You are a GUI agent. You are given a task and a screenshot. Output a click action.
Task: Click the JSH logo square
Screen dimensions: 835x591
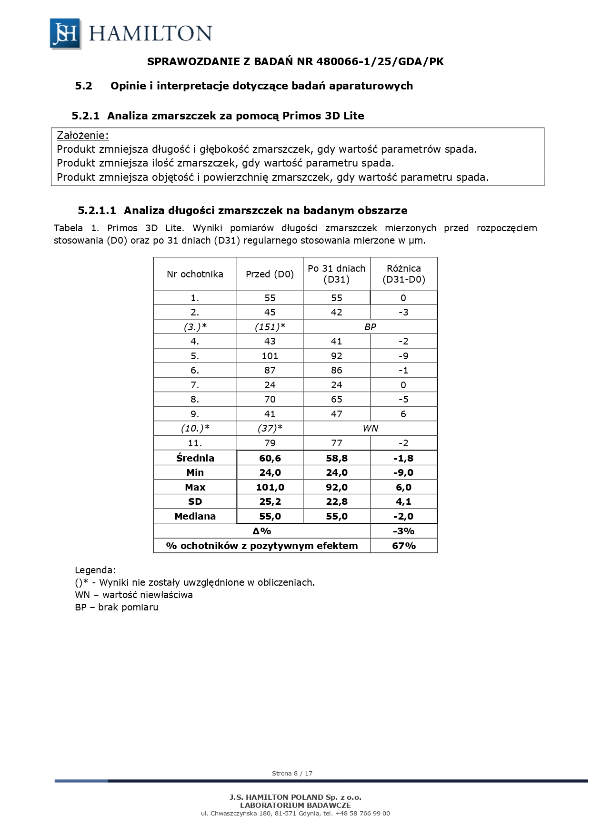(x=65, y=34)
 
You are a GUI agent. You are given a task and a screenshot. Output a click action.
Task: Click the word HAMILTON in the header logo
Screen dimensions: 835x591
(x=150, y=34)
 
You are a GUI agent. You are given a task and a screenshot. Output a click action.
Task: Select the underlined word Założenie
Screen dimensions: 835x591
(x=82, y=135)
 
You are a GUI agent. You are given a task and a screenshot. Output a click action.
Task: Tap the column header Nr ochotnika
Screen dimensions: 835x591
(x=195, y=274)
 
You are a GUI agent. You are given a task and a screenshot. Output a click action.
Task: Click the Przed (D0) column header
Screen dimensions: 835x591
(x=270, y=274)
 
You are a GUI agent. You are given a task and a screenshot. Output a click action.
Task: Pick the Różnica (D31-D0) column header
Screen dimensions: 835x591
(x=403, y=274)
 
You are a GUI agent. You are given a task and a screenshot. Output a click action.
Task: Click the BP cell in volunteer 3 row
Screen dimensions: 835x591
(x=370, y=327)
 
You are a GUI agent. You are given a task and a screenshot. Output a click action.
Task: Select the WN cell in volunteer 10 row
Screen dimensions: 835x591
(x=370, y=428)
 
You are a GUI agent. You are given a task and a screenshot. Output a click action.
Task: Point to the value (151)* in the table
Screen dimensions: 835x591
(x=270, y=327)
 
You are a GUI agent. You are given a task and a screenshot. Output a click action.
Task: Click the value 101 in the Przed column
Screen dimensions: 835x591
(x=270, y=356)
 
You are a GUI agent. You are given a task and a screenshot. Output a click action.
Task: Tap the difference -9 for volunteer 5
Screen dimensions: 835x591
(x=403, y=356)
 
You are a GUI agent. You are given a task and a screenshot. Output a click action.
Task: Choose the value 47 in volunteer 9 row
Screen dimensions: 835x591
(x=336, y=414)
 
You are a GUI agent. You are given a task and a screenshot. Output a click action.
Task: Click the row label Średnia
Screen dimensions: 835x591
(x=195, y=458)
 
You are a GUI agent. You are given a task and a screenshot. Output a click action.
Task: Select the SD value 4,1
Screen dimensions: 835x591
(x=403, y=501)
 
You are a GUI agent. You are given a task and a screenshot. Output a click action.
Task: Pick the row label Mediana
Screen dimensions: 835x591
(x=195, y=516)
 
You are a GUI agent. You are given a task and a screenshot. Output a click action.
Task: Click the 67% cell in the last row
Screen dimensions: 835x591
(x=403, y=546)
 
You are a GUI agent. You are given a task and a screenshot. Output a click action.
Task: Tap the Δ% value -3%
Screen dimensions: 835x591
(x=403, y=531)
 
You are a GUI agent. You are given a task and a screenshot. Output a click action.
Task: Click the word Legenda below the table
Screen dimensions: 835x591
(x=95, y=570)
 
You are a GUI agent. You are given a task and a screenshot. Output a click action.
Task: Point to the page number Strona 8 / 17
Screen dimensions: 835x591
(x=292, y=773)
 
